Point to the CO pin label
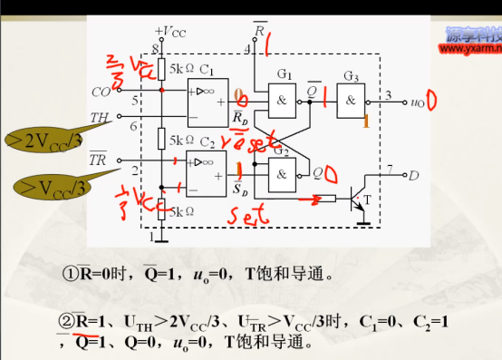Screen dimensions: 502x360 pos(101,91)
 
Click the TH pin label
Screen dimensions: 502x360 pos(101,117)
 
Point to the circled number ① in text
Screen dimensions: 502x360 pos(69,273)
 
